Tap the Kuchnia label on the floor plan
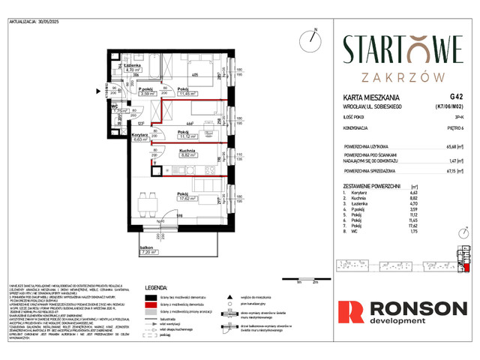pyautogui.click(x=166, y=151)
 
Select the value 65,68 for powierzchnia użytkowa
pyautogui.click(x=452, y=147)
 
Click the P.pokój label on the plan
pyautogui.click(x=146, y=89)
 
